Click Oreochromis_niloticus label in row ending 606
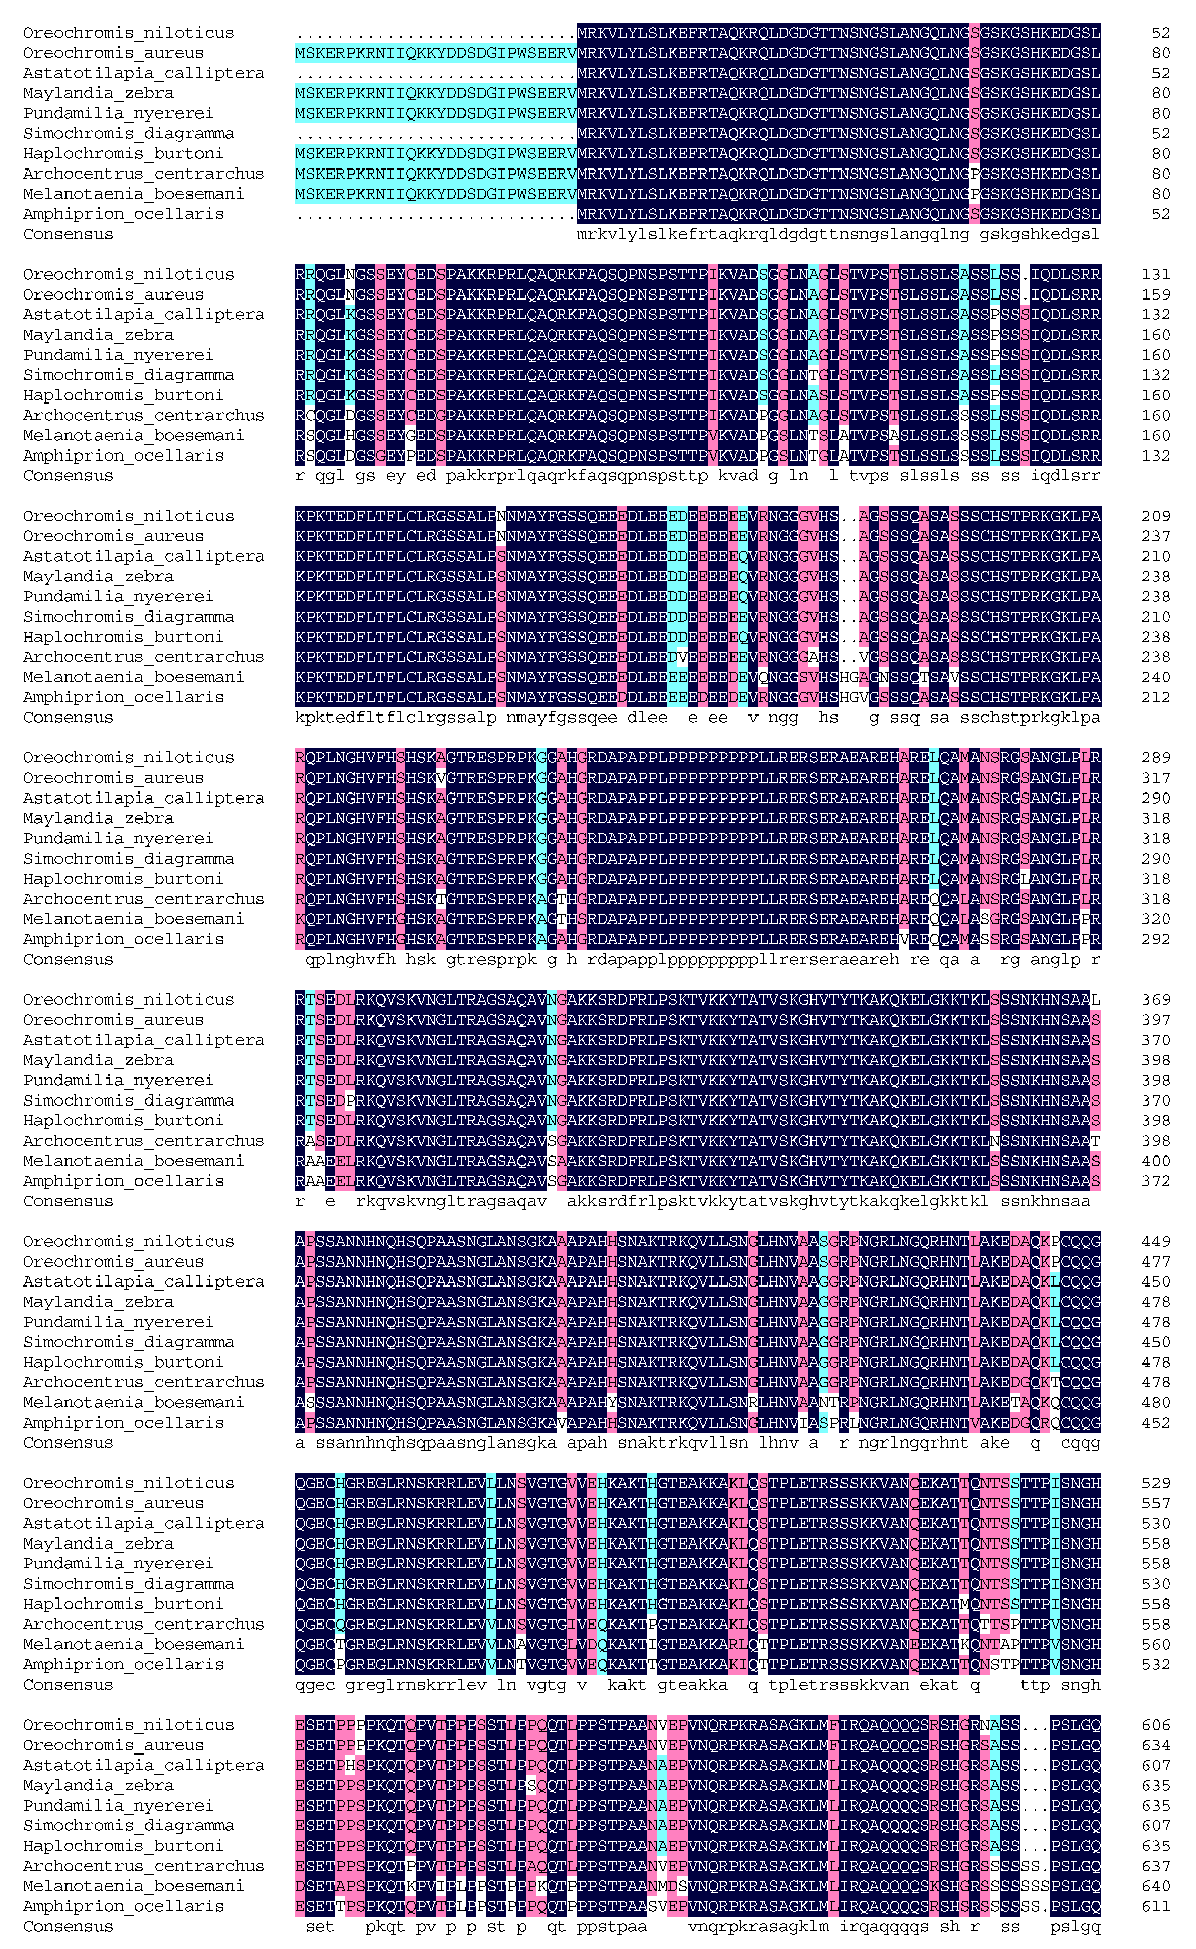(128, 1725)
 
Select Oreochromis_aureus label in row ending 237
(113, 536)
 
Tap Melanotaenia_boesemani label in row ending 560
(133, 1644)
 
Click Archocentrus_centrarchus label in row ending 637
(143, 1866)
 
